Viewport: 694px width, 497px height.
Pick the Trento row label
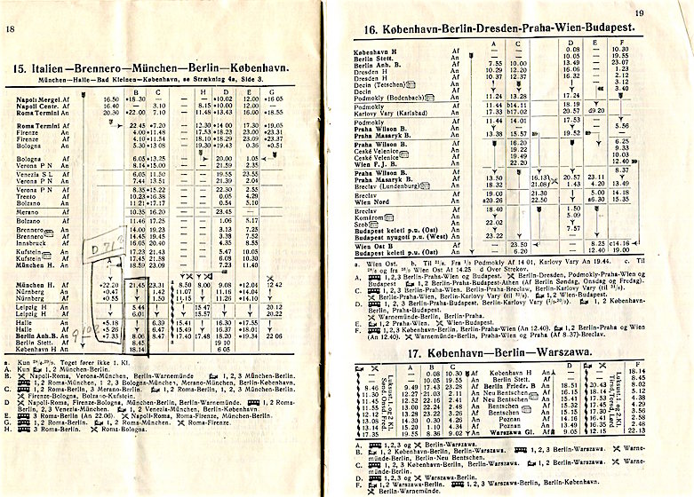[x=31, y=196]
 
